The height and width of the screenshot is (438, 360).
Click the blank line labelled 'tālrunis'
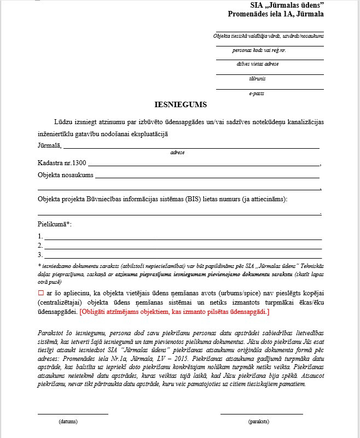[x=270, y=74]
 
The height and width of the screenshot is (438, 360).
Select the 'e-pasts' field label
[x=257, y=94]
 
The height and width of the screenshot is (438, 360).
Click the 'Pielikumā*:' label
[x=55, y=225]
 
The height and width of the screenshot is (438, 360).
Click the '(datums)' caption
[x=68, y=422]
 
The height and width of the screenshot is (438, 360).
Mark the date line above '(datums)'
[x=73, y=414]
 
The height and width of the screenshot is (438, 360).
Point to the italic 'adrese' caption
[x=177, y=153]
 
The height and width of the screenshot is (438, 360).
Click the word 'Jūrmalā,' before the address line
[x=50, y=145]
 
